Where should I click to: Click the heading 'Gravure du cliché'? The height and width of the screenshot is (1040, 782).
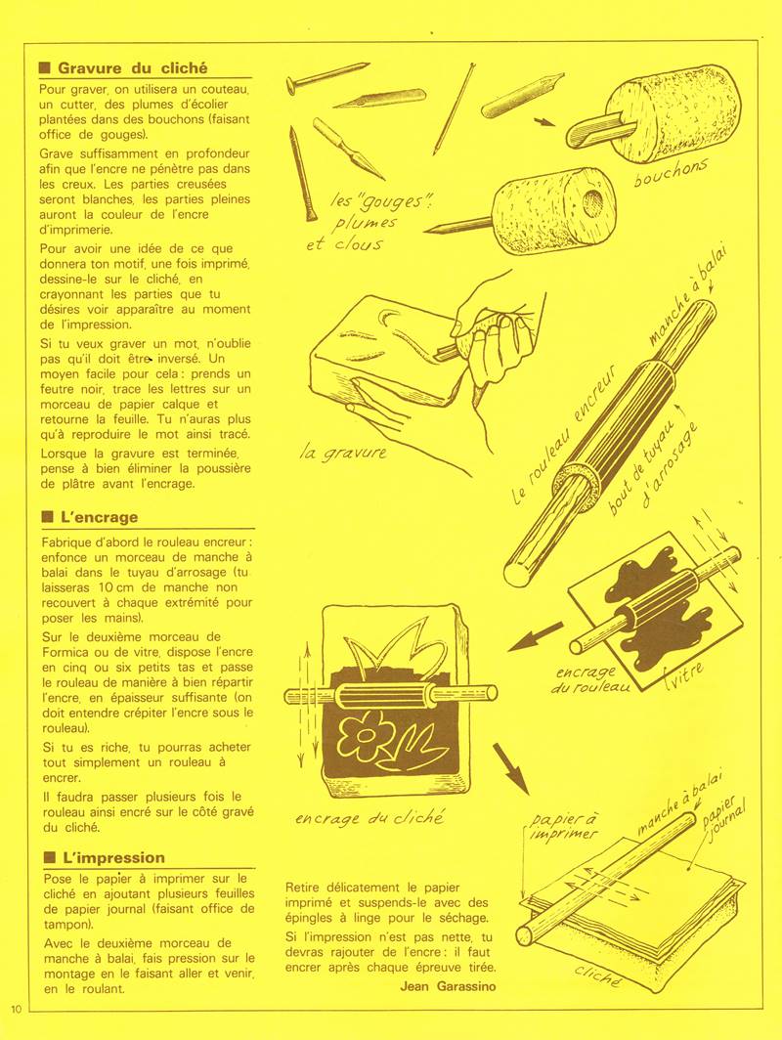tap(132, 68)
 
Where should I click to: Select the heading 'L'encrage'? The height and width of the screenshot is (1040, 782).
tap(98, 517)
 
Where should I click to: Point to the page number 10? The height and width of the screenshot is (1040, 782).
tap(17, 1008)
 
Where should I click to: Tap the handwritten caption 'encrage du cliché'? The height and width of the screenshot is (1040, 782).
tap(369, 817)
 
